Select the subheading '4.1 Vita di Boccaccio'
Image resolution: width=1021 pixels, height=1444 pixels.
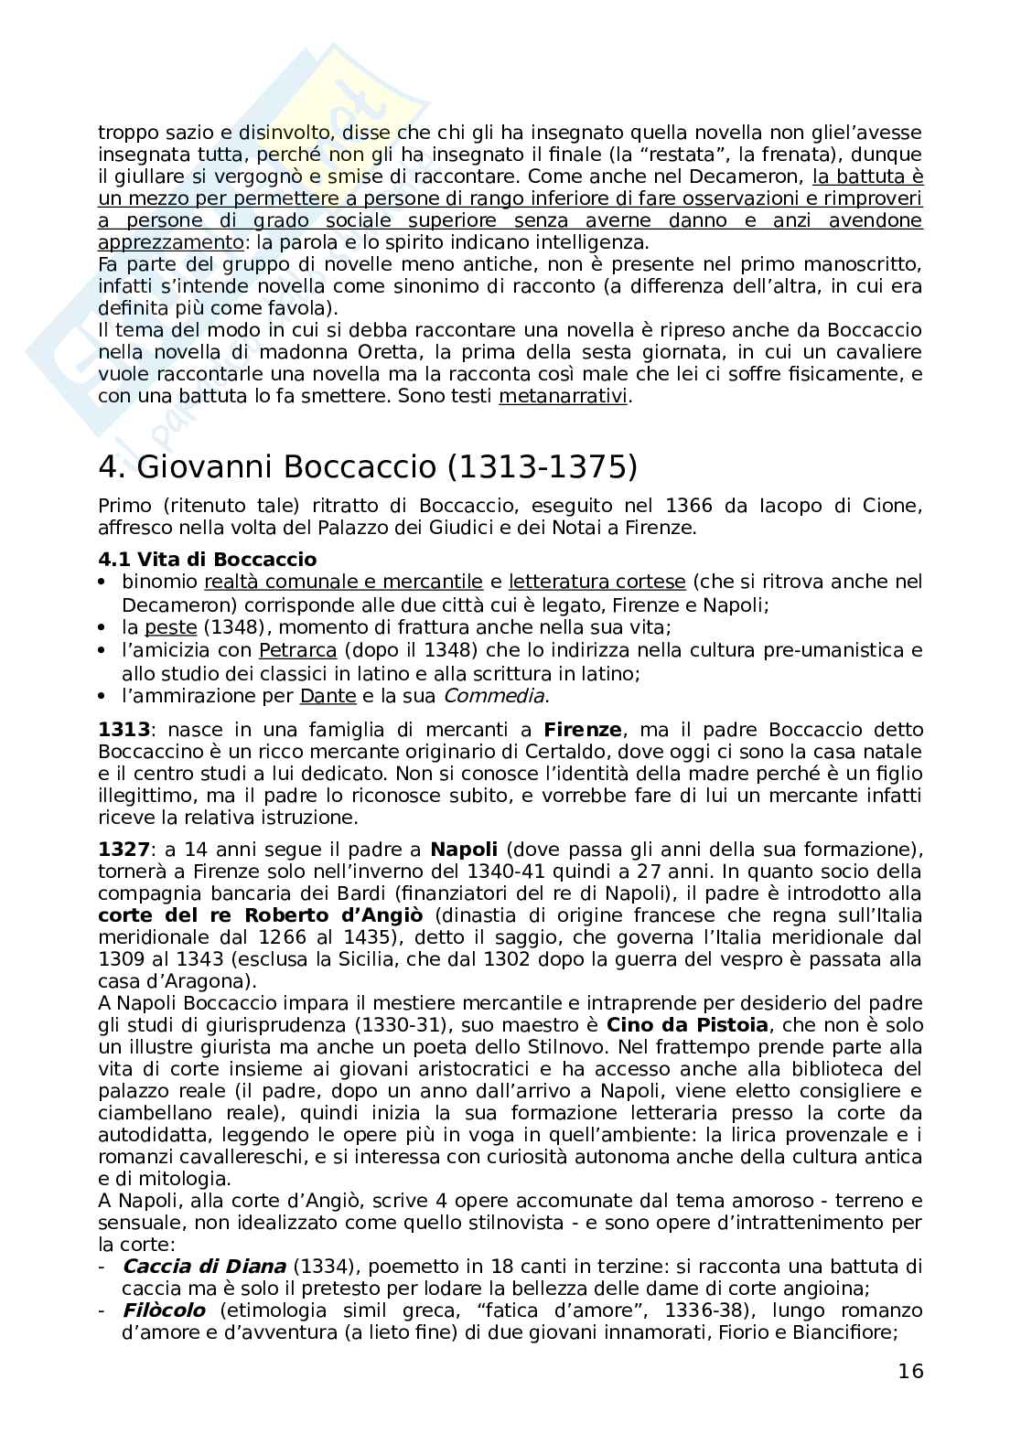[x=207, y=560]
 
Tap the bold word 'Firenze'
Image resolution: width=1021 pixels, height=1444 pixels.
[x=583, y=731]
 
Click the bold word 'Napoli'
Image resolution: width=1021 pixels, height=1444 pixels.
[x=464, y=850]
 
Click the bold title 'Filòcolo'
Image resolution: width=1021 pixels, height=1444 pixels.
[x=164, y=1310]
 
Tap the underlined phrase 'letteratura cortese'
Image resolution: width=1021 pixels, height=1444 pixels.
[x=596, y=582]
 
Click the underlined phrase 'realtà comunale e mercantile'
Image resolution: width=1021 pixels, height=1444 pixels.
[x=343, y=582]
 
